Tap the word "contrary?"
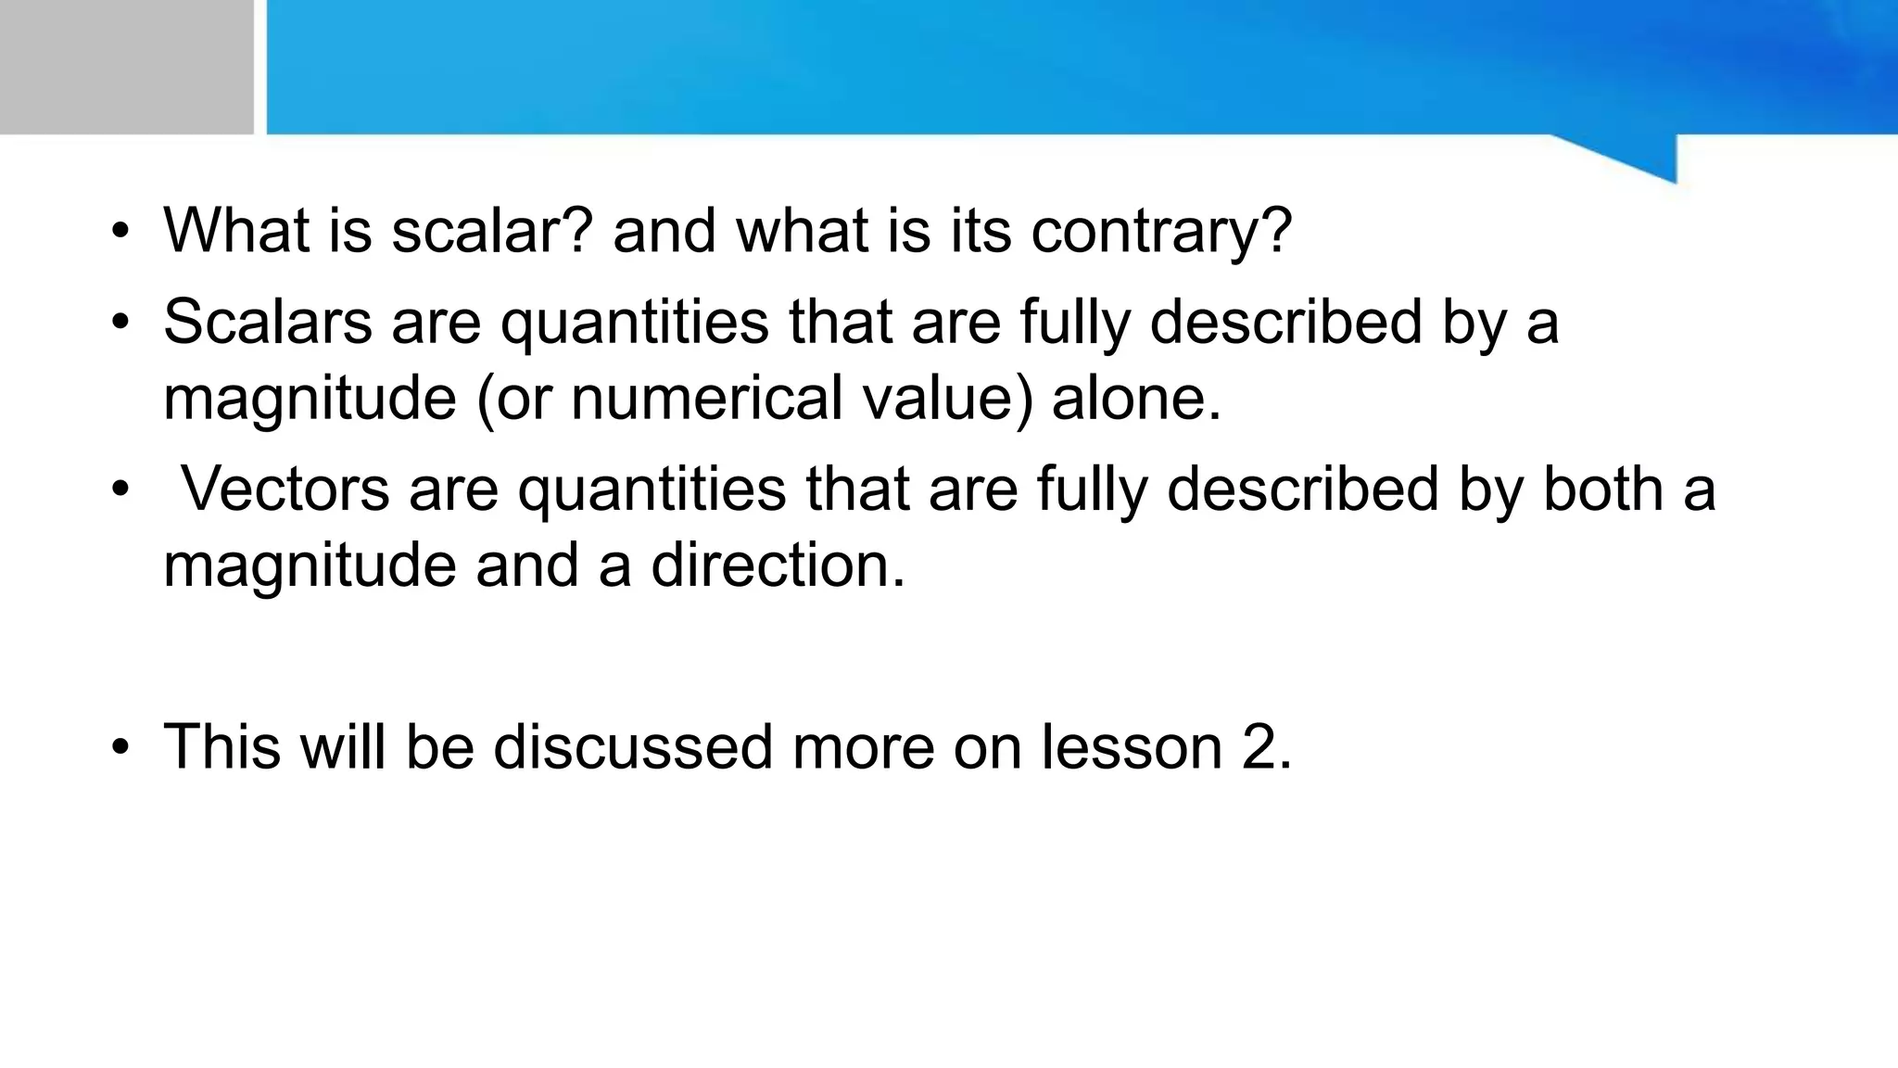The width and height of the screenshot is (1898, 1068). click(x=1161, y=232)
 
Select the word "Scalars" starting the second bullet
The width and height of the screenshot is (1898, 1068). click(x=267, y=322)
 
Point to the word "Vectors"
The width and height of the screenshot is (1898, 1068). click(x=285, y=489)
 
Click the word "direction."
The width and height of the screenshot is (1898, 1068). click(x=778, y=565)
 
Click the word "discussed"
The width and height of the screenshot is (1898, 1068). click(x=632, y=746)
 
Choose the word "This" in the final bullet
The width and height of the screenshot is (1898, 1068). click(x=221, y=746)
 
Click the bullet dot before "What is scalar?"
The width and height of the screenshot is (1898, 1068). click(x=120, y=232)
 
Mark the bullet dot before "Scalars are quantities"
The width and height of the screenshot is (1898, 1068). click(x=120, y=324)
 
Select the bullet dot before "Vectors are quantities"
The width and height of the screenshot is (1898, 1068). click(x=120, y=490)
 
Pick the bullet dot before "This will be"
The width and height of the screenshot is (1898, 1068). click(x=120, y=748)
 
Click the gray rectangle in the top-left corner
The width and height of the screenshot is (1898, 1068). click(x=126, y=67)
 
